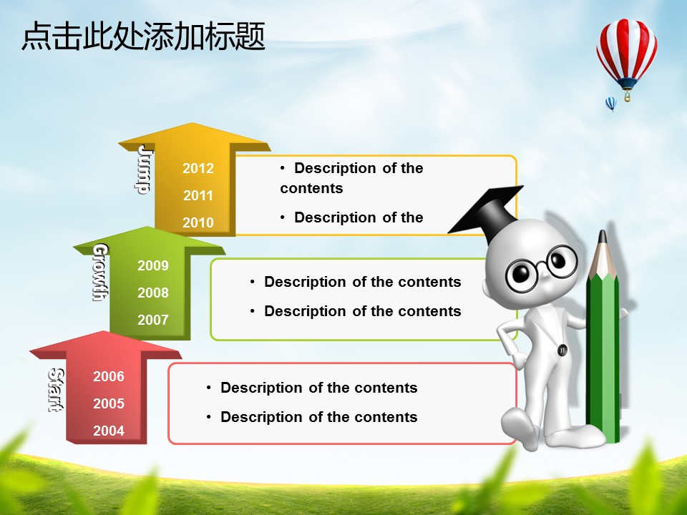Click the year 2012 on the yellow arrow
coord(198,168)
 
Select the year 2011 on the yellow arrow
coord(198,195)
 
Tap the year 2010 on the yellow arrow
coord(198,222)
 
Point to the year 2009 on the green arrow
coord(153,265)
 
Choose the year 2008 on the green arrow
coord(153,293)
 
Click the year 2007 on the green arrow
coord(153,320)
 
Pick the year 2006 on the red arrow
coord(109,376)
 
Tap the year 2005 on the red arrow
coord(109,403)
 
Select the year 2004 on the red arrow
coord(109,431)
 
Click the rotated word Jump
coord(144,170)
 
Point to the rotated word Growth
coord(100,273)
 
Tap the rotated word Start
coord(56,390)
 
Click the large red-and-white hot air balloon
coord(627,59)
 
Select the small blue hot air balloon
coord(610,104)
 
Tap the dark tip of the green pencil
coord(603,237)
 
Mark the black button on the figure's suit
coord(562,350)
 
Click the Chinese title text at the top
coord(143,36)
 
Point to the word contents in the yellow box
coord(311,188)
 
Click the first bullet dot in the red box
coord(208,388)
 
